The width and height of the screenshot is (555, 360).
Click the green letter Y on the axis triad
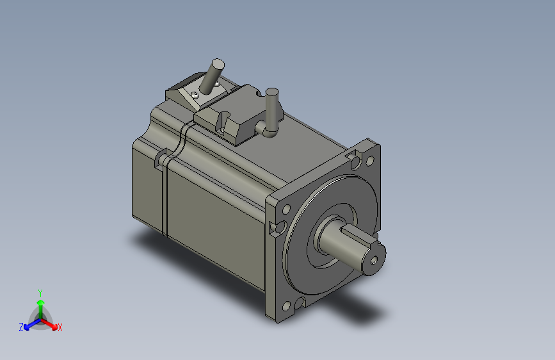pos(40,291)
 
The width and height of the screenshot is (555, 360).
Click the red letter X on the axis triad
pos(60,328)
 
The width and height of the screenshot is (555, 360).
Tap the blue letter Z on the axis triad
pos(21,327)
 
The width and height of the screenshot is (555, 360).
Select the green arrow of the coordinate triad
pos(40,304)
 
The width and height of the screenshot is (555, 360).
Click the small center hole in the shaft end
pos(374,261)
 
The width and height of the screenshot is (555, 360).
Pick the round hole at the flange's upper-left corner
pos(286,209)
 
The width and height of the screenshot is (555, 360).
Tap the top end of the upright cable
pos(271,94)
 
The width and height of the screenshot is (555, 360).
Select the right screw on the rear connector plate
pos(217,83)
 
